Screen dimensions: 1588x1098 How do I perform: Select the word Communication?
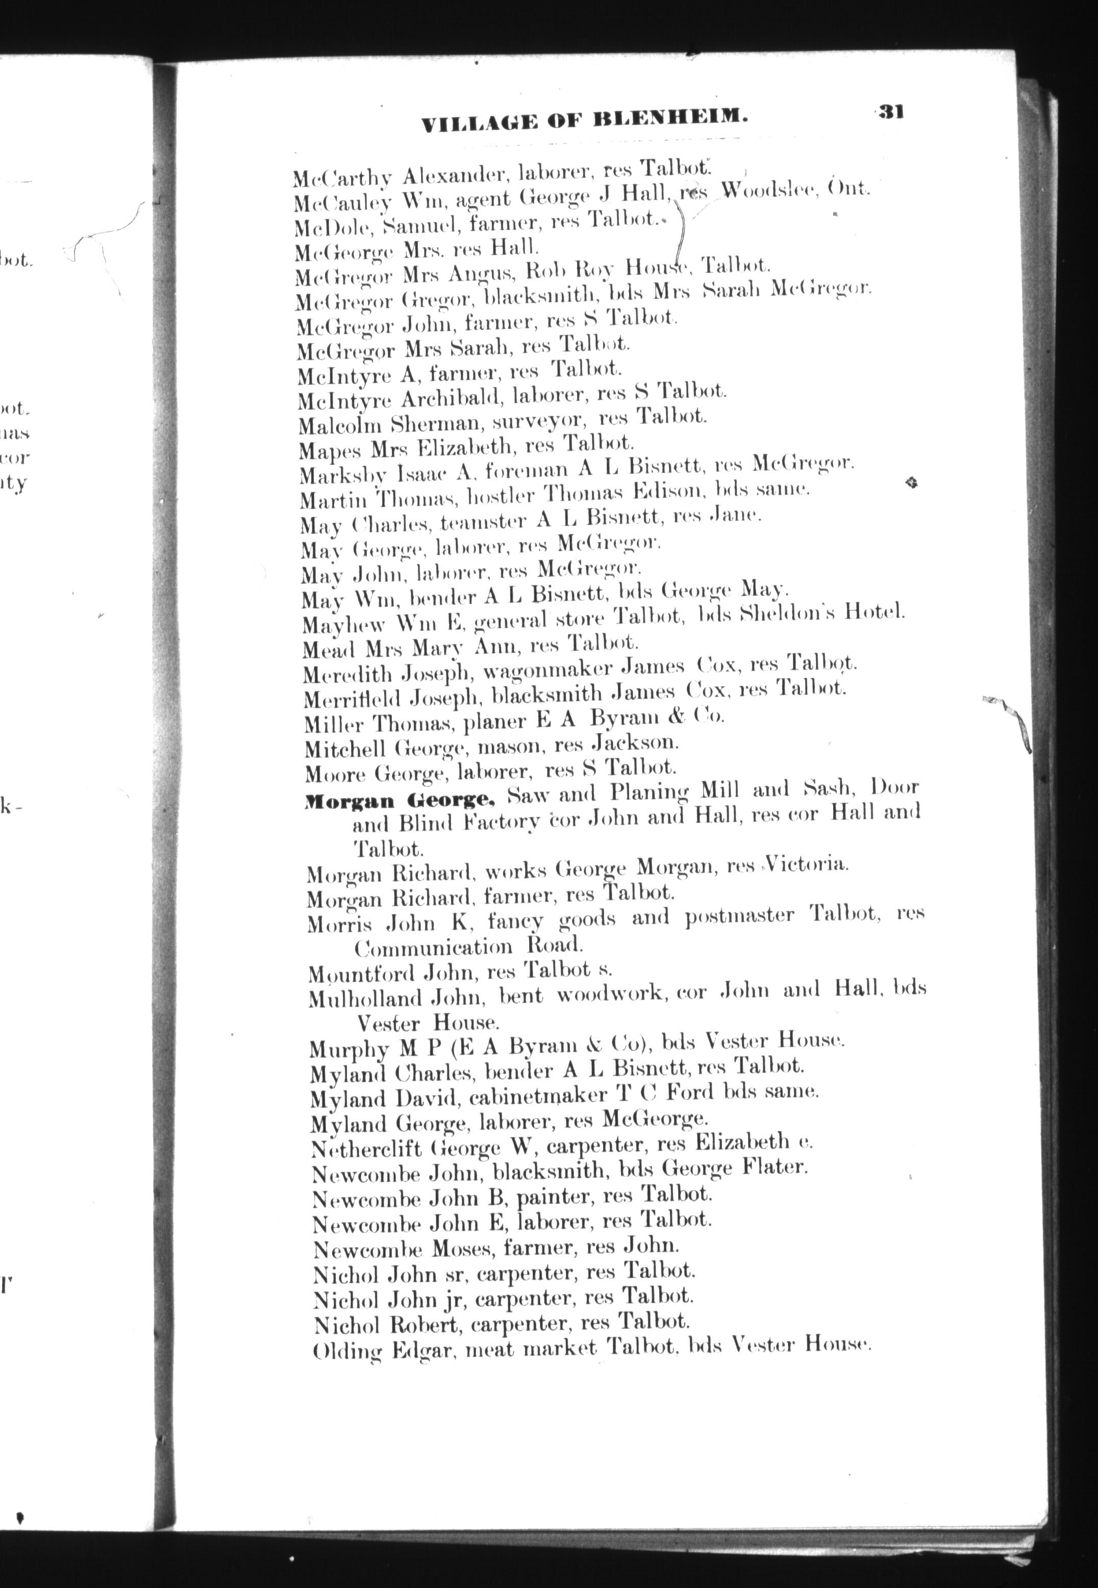click(433, 948)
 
